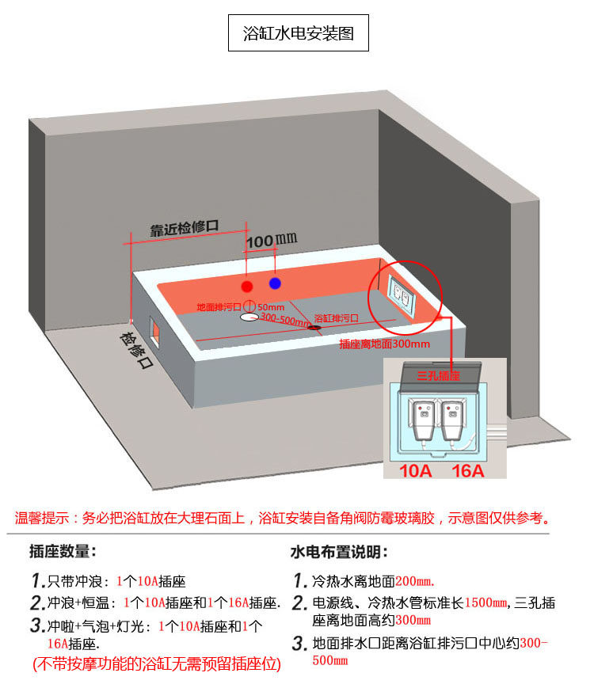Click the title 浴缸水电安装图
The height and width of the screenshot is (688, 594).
tap(298, 34)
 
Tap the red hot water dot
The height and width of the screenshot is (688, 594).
tap(248, 286)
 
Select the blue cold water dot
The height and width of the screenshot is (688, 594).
tap(275, 283)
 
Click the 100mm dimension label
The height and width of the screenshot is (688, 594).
tap(270, 239)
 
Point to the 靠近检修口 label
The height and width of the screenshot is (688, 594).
tap(185, 229)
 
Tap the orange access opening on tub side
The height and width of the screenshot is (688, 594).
tap(155, 331)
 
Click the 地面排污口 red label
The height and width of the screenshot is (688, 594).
tap(219, 306)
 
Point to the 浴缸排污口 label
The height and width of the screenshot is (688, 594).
tap(337, 317)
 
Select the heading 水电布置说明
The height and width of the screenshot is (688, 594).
tap(339, 551)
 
